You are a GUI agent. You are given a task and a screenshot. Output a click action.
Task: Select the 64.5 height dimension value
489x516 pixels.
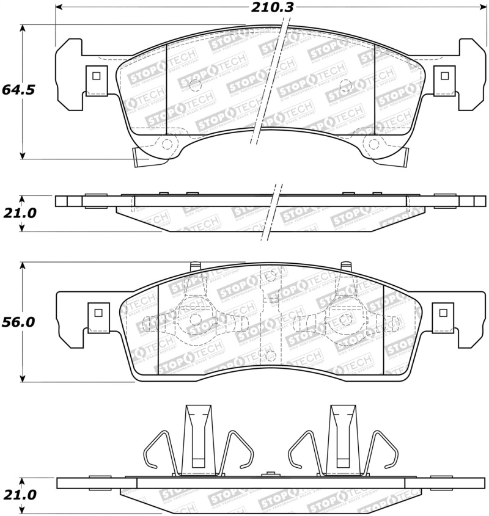[18, 89]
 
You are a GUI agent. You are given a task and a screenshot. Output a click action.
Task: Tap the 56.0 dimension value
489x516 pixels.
[18, 322]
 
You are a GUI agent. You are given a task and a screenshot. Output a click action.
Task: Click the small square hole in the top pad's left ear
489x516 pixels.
[95, 76]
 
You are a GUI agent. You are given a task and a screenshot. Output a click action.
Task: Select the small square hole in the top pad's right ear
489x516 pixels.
[445, 76]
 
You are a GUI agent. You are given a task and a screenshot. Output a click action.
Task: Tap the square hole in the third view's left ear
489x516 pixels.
[97, 312]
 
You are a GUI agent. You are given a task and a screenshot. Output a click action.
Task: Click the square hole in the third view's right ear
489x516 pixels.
[444, 312]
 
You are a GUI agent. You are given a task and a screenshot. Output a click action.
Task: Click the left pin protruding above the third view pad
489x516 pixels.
[196, 266]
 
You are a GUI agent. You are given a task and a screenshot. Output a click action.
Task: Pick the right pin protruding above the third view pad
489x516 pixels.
[346, 266]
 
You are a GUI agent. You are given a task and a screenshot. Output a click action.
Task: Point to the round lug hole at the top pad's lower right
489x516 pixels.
[373, 144]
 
